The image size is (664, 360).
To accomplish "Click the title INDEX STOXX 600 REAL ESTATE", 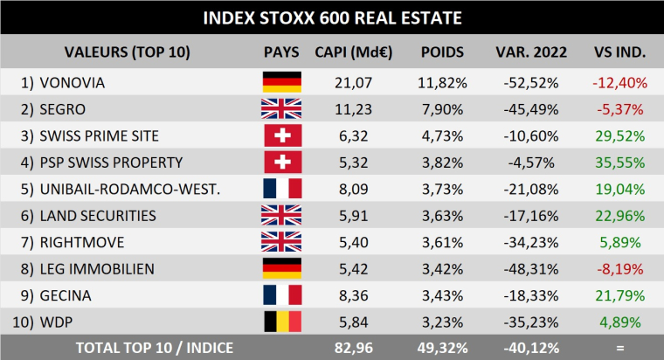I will tap(332, 17).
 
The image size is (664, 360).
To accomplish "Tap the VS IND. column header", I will tap(619, 52).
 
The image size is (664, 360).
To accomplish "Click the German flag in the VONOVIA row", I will tap(281, 82).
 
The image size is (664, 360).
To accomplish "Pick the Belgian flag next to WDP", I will tap(281, 322).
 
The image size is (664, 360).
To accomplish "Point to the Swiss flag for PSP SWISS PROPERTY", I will tap(281, 162).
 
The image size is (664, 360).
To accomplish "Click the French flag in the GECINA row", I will tap(281, 295).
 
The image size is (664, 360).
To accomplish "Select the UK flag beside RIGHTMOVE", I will tap(281, 242).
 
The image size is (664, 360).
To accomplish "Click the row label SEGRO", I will tap(63, 109).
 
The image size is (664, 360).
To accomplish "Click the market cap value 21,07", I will tap(354, 82).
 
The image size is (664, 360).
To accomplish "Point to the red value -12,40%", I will tap(619, 82).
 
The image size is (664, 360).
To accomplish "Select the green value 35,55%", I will tap(619, 162).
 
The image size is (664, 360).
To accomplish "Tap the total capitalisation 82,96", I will tap(354, 348).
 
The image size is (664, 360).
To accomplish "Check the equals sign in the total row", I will tap(619, 348).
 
